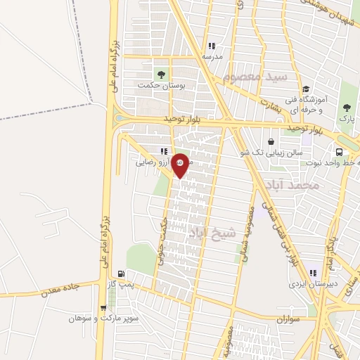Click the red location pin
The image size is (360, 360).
(x=181, y=165)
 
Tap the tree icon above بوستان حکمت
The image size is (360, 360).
(x=162, y=73)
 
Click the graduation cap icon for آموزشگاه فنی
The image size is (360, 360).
(x=305, y=89)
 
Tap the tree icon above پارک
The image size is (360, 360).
(x=346, y=108)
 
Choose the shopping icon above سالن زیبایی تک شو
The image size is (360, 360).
(x=271, y=141)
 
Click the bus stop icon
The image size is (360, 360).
(x=340, y=152)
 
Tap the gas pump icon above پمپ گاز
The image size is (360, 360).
(x=122, y=274)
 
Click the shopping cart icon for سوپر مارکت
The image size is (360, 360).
(x=104, y=307)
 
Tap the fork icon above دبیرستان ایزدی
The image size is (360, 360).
(x=314, y=273)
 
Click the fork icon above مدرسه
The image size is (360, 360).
(x=212, y=45)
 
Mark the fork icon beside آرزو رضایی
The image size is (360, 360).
(x=165, y=151)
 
